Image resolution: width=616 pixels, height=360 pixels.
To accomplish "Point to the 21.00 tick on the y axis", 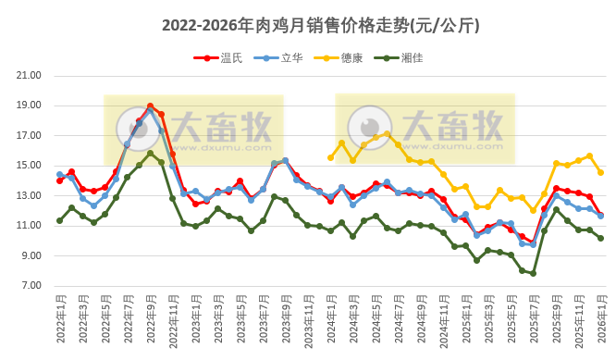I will pyautogui.click(x=31, y=76).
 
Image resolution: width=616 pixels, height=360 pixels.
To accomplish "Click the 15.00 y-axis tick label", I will pyautogui.click(x=31, y=166).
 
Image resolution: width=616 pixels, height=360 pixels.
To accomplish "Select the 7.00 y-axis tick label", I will pyautogui.click(x=31, y=285).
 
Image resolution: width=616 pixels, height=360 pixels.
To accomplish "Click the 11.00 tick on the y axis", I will pyautogui.click(x=31, y=226).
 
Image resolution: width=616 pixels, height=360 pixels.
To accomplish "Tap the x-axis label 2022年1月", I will pyautogui.click(x=60, y=319).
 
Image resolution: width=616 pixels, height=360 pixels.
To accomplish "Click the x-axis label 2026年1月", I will pyautogui.click(x=601, y=319).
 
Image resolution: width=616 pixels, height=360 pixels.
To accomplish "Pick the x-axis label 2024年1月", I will pyautogui.click(x=331, y=319).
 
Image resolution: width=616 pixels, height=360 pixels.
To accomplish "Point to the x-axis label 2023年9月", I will pyautogui.click(x=286, y=319).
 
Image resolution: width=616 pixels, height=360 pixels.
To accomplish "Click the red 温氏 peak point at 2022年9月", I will pyautogui.click(x=150, y=106).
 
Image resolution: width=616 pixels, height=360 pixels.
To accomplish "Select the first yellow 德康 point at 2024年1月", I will pyautogui.click(x=330, y=157).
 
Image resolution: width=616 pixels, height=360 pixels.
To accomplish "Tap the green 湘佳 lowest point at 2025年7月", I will pyautogui.click(x=534, y=273).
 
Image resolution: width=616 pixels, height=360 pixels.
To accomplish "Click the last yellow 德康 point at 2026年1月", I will pyautogui.click(x=601, y=172).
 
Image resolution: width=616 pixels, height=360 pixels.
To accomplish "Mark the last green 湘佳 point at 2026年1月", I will pyautogui.click(x=601, y=238).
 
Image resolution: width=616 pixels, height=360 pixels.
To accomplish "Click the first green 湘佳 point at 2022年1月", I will pyautogui.click(x=59, y=220).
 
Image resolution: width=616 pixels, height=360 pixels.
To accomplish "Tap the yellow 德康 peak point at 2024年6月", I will pyautogui.click(x=387, y=134).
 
